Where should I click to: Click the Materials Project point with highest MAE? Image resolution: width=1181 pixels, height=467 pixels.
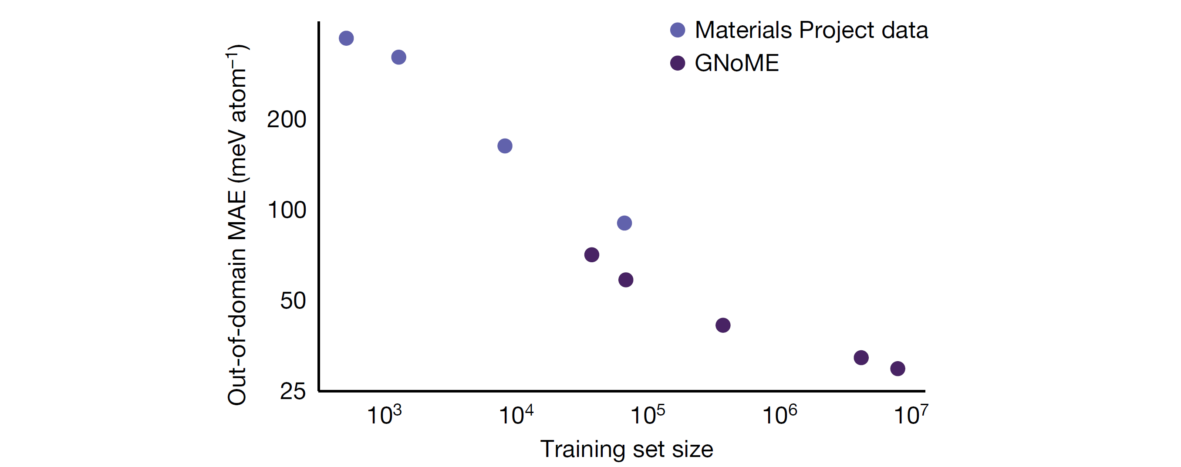pos(346,38)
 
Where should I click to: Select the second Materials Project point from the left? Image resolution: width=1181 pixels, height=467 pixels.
pos(399,58)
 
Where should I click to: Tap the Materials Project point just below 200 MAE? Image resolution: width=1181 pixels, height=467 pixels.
pos(505,146)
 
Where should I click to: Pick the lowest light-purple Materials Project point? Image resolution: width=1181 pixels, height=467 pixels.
pos(624,223)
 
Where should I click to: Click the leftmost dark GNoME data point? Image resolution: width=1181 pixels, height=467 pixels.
pos(592,254)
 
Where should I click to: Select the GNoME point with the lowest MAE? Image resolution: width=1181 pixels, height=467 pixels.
pos(898,369)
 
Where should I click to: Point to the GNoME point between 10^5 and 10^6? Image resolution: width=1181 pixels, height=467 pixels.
pos(723,325)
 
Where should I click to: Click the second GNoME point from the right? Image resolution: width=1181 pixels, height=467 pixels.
pos(861,357)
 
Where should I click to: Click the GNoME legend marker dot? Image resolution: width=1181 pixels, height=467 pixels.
pos(678,63)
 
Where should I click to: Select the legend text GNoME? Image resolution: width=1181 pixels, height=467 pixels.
pos(737,63)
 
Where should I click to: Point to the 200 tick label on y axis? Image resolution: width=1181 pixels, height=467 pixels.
pos(287,119)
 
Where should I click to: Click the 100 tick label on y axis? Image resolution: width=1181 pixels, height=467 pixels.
pos(287,210)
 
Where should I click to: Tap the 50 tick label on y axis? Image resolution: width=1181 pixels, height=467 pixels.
pos(293,301)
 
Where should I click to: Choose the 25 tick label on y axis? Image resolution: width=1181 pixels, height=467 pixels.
pos(293,391)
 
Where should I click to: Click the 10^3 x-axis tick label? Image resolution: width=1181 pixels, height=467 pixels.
pos(384,415)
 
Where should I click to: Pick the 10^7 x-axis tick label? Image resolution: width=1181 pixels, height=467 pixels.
pos(911,415)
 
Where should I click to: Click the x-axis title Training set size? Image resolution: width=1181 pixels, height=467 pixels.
pos(627,449)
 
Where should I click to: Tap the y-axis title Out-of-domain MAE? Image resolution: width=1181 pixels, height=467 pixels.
pos(237,225)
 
